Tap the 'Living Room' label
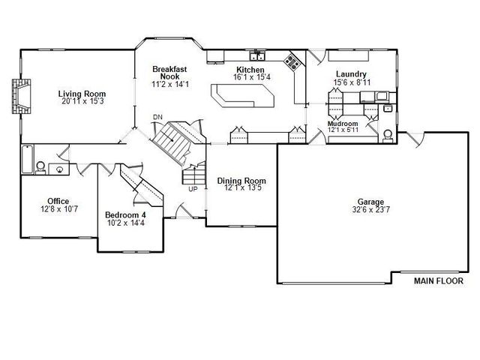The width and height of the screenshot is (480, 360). click(82, 94)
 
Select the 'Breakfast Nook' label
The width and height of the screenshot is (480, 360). click(169, 72)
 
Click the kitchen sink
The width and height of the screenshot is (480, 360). click(258, 55)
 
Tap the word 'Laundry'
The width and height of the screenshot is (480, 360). click(351, 74)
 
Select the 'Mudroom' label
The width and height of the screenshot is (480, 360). click(342, 123)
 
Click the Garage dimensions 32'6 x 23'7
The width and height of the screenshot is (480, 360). click(371, 211)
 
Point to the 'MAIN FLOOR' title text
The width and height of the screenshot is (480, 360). click(439, 281)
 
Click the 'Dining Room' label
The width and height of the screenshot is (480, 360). click(241, 181)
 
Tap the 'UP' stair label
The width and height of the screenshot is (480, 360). click(193, 189)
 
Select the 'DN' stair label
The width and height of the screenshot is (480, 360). click(157, 118)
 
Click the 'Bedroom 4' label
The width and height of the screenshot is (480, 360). click(125, 215)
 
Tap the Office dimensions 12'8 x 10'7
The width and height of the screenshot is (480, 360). click(58, 210)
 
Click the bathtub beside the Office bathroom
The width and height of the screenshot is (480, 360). click(27, 159)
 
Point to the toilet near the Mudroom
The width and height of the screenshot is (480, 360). click(388, 136)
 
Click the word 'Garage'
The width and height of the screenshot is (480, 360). click(370, 202)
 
